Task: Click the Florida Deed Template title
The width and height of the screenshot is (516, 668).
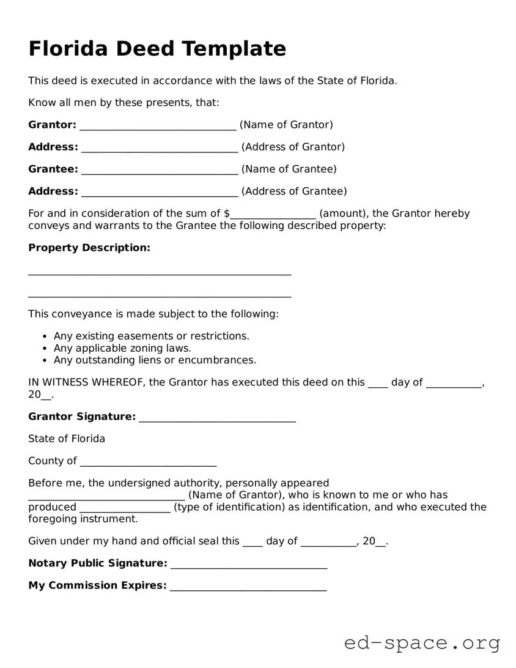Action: pos(157,49)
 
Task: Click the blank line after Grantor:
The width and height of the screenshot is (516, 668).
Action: pos(158,126)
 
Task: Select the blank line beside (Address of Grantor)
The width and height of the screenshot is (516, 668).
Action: pos(159,148)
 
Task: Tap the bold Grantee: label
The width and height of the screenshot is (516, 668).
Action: pos(53,169)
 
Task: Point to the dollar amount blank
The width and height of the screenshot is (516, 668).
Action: pos(273,215)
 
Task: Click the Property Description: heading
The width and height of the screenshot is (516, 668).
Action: pos(89,248)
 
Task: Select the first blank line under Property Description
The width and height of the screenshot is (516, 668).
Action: pos(160,273)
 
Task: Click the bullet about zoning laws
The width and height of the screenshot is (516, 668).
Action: pos(122,348)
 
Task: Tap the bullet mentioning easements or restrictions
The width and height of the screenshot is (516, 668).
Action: pos(151,336)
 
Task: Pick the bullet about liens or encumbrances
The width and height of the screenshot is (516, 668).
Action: pos(155,360)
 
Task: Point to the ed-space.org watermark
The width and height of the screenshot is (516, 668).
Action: pos(422,643)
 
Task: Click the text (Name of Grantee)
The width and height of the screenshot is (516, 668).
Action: pos(289,169)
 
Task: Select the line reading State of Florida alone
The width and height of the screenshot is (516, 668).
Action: pos(67,439)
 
